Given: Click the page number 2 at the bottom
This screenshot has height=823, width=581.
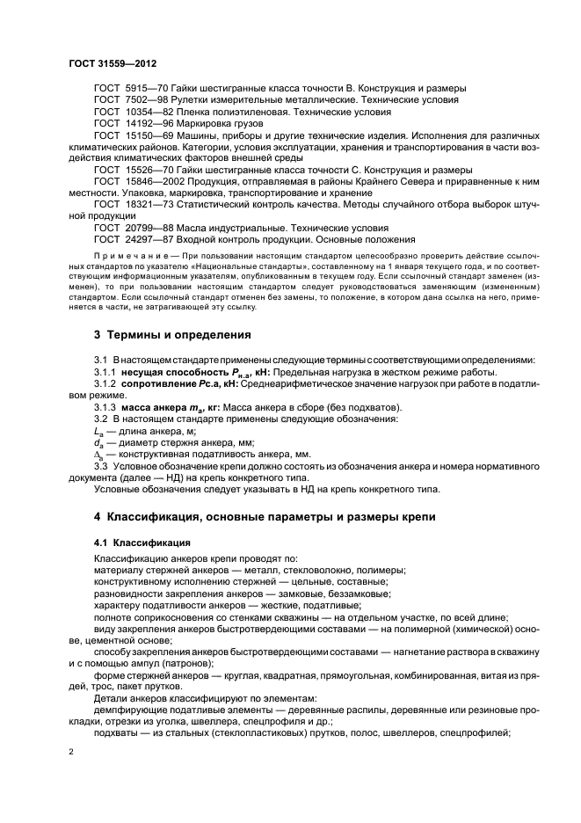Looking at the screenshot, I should click(x=72, y=753).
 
